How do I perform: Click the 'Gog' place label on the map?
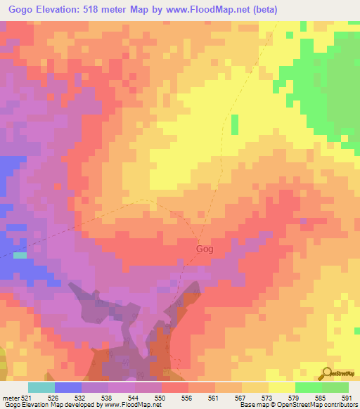coord(204,249)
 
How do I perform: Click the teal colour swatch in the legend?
coord(41,387)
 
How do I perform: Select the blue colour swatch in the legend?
coord(67,387)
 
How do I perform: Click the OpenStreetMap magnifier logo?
coord(326,373)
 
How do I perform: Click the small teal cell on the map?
coord(20,255)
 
